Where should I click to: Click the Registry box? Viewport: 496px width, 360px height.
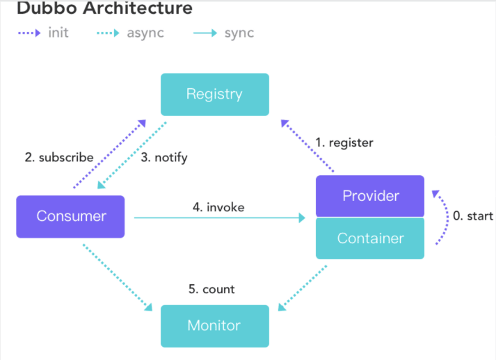coord(215,95)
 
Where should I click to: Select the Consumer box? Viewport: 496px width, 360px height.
coord(70,217)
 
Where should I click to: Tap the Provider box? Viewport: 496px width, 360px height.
coord(370,196)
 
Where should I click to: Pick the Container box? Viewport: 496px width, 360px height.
coord(370,238)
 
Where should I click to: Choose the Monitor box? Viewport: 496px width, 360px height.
coord(215,326)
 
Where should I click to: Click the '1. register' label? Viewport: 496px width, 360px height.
coord(344,143)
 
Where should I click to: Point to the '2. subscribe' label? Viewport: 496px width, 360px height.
coord(59,157)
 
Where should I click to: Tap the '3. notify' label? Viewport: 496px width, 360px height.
coord(164,158)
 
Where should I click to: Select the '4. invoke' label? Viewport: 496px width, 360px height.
coord(218,207)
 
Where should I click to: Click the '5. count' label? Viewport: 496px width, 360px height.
coord(211,289)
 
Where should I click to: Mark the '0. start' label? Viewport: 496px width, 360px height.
coord(473,216)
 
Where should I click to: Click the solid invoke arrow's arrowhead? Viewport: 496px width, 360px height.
coord(302,218)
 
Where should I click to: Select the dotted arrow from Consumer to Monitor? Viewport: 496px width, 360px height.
coord(118,277)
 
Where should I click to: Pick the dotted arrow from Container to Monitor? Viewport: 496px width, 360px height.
coord(303,288)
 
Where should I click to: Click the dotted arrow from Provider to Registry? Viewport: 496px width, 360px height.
coord(307,146)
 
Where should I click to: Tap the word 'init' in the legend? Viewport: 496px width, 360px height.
coord(58,33)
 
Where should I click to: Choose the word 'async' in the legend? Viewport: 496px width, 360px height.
coord(145,33)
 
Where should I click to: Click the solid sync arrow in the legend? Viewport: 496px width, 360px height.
coord(205,33)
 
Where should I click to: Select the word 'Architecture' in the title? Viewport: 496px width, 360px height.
coord(138,8)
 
